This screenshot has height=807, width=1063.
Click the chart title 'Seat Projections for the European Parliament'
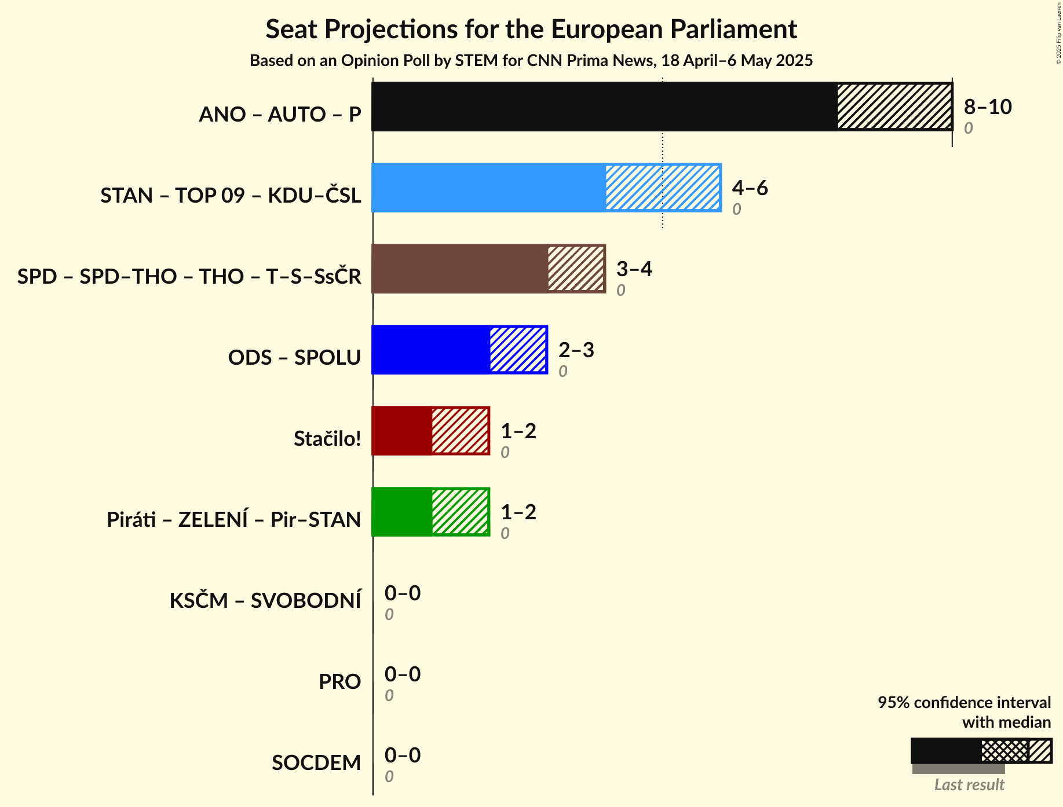[531, 29]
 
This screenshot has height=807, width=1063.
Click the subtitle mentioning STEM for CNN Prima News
[531, 61]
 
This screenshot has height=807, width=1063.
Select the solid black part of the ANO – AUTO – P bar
[604, 107]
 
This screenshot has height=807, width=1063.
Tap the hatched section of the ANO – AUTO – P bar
[894, 107]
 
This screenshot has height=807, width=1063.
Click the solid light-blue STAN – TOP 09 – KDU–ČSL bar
[488, 188]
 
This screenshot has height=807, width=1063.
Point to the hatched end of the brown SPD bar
[576, 269]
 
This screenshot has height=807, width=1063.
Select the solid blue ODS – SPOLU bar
[430, 350]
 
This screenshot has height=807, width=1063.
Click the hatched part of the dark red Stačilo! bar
[460, 431]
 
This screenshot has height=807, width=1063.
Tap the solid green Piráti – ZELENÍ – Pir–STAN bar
[401, 512]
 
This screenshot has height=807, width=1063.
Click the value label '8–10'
[988, 107]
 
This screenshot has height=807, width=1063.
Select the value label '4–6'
[750, 188]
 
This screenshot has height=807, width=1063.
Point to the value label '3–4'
[634, 269]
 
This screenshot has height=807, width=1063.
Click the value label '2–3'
[576, 350]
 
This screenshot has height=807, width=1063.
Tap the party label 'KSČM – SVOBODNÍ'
[265, 600]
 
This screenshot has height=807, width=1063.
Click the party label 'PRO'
[339, 681]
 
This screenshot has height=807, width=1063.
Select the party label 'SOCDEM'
[316, 762]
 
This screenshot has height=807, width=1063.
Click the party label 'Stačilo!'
[327, 438]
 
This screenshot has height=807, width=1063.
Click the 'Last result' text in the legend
[969, 784]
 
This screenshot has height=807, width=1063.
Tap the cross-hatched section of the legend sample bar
[1004, 751]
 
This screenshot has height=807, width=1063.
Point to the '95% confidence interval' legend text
[964, 702]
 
